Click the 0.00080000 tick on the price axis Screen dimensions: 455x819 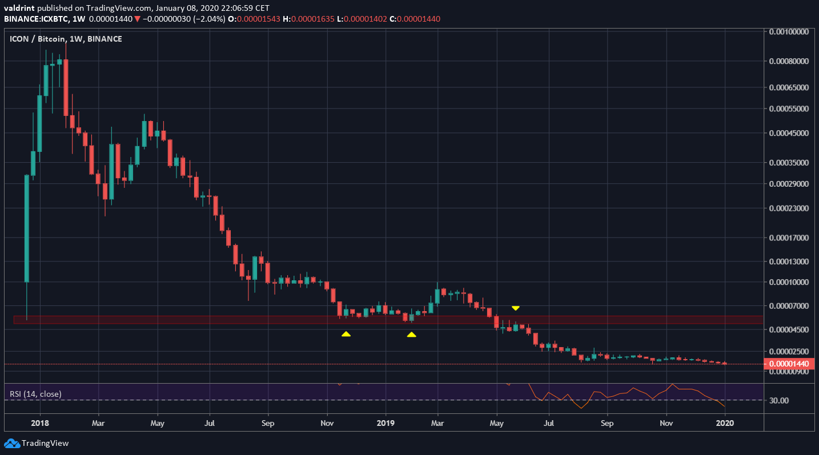(790, 61)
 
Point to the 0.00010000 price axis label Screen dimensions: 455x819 (790, 283)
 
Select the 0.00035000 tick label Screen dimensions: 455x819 (790, 163)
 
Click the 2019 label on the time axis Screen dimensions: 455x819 (386, 423)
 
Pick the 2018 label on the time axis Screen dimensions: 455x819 (40, 423)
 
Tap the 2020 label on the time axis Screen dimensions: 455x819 (724, 423)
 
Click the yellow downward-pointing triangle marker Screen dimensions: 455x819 (515, 308)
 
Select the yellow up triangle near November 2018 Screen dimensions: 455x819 (346, 334)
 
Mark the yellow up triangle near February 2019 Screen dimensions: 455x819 (411, 335)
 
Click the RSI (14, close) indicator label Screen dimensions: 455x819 (35, 394)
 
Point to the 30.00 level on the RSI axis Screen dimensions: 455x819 (779, 400)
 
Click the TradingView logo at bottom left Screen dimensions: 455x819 (37, 443)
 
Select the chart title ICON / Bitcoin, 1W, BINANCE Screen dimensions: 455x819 (66, 39)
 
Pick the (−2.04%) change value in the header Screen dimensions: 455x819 (208, 19)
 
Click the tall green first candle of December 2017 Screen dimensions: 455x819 (26, 228)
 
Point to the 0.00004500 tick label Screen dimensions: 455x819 (790, 329)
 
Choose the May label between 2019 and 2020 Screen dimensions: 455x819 (497, 423)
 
